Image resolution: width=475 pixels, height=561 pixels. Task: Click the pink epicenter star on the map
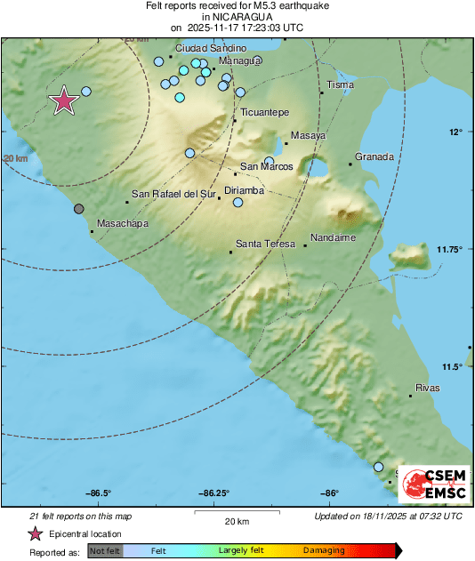pyautogui.click(x=63, y=101)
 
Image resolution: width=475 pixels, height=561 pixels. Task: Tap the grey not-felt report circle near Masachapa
pyautogui.click(x=79, y=209)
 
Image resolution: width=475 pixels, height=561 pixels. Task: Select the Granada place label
pyautogui.click(x=374, y=157)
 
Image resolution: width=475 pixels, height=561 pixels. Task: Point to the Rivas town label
pyautogui.click(x=428, y=389)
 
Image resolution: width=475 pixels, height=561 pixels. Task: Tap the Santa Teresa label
pyautogui.click(x=263, y=243)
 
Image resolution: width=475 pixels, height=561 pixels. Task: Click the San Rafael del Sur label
pyautogui.click(x=173, y=194)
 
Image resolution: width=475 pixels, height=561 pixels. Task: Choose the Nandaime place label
pyautogui.click(x=334, y=238)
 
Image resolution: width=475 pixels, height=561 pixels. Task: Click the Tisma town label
pyautogui.click(x=341, y=85)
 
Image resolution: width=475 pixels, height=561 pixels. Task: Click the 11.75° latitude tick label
pyautogui.click(x=455, y=249)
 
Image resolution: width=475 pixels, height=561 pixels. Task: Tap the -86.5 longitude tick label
pyautogui.click(x=99, y=494)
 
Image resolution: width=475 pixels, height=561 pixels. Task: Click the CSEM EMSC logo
pyautogui.click(x=431, y=484)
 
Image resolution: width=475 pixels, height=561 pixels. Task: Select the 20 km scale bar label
pyautogui.click(x=236, y=521)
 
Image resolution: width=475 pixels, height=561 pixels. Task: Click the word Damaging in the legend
pyautogui.click(x=323, y=551)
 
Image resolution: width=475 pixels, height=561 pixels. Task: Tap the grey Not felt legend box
pyautogui.click(x=105, y=551)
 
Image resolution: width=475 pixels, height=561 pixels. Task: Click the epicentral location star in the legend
pyautogui.click(x=36, y=534)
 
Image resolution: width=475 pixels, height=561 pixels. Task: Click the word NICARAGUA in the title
pyautogui.click(x=237, y=17)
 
